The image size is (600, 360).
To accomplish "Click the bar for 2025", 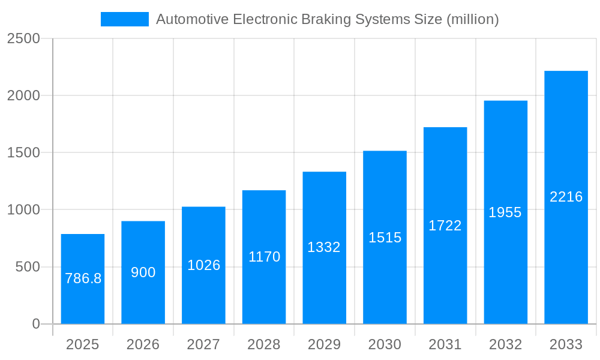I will point(83,279).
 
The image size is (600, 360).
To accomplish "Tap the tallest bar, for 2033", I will point(566,197).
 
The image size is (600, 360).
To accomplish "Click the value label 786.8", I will point(83,278).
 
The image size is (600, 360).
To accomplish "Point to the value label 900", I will point(143,272).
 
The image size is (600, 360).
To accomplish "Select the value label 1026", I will point(204,265).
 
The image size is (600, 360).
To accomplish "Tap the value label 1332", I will point(324,247).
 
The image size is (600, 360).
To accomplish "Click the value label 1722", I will point(445,226).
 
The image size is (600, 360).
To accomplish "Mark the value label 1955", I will point(505,212).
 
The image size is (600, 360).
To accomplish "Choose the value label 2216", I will point(566,197).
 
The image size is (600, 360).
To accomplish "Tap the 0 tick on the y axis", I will point(35,324).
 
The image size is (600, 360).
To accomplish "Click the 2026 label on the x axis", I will point(143,344).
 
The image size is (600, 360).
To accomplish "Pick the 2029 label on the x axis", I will point(324,344).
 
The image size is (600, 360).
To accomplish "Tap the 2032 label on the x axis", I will point(505,344).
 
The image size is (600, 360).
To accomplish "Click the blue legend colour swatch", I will point(124,19).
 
